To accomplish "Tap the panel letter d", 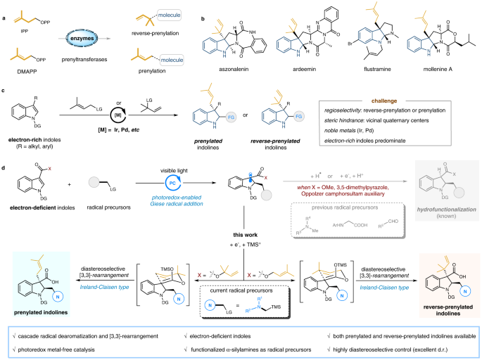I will [4, 167].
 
